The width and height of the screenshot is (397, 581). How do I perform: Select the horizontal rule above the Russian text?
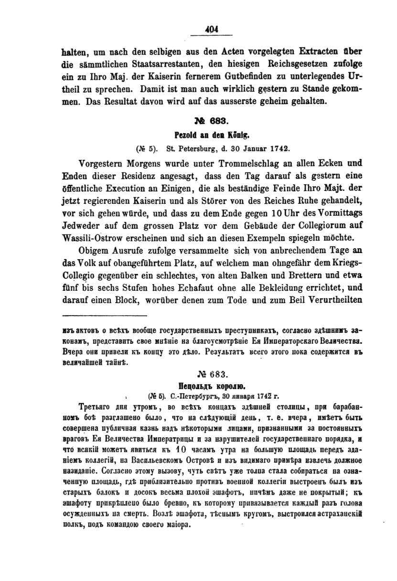pos(104,316)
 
